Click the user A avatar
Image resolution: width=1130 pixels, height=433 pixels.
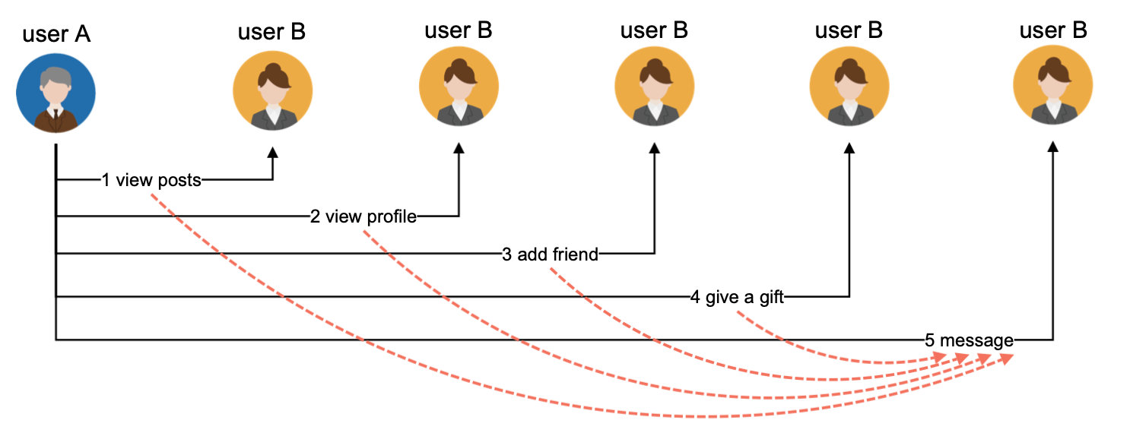click(x=56, y=93)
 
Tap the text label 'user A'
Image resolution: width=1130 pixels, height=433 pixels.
click(x=56, y=34)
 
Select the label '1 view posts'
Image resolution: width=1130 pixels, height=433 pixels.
click(x=151, y=180)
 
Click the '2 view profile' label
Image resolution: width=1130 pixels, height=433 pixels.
click(x=363, y=216)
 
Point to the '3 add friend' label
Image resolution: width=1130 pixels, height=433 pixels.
click(x=551, y=254)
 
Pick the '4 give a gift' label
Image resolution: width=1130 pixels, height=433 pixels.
click(x=737, y=297)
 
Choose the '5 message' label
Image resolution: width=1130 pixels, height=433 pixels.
click(x=969, y=340)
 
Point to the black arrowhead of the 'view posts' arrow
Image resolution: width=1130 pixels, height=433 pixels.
click(x=272, y=152)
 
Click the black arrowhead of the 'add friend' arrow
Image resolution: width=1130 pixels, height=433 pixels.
click(x=654, y=149)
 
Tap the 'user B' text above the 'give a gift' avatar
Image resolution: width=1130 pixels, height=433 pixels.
click(x=849, y=30)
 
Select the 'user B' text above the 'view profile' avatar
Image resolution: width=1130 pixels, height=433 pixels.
click(x=459, y=30)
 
